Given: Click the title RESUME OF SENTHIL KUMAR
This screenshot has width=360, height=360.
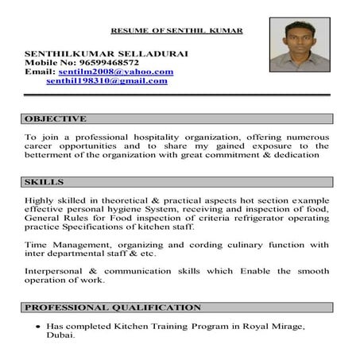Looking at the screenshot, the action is click(x=176, y=30).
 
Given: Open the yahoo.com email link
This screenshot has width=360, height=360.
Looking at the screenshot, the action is click(x=116, y=72).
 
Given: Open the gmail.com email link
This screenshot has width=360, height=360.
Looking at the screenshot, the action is click(x=106, y=80).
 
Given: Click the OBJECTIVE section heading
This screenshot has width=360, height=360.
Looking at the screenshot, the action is click(x=56, y=118).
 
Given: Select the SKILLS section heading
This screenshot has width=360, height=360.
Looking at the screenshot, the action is click(x=45, y=182).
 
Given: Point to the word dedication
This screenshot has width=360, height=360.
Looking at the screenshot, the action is click(x=292, y=156).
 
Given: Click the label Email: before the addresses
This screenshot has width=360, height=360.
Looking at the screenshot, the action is click(x=40, y=72).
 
